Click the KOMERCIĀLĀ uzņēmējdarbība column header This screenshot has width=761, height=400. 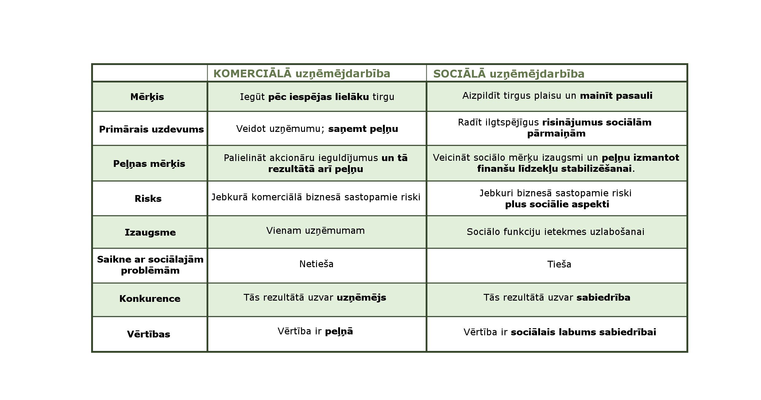(x=302, y=74)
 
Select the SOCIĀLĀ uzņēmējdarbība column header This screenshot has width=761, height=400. (x=508, y=74)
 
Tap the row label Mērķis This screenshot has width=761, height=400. (x=147, y=97)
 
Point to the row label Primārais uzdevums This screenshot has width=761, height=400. (x=151, y=129)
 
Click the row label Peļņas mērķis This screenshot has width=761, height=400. (x=149, y=163)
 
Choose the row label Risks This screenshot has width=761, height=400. (x=148, y=199)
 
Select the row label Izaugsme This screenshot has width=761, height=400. (x=150, y=233)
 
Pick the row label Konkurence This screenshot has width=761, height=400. (x=150, y=299)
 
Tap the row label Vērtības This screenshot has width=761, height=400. (x=149, y=334)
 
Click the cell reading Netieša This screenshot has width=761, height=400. (x=316, y=264)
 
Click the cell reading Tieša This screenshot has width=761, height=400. (x=559, y=264)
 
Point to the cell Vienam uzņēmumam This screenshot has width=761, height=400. (x=315, y=231)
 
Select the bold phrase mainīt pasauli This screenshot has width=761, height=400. (x=616, y=96)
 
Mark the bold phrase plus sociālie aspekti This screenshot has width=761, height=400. (x=557, y=204)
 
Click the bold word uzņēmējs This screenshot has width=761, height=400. (x=361, y=298)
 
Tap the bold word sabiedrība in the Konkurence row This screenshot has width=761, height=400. (x=603, y=298)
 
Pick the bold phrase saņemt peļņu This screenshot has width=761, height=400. (x=363, y=129)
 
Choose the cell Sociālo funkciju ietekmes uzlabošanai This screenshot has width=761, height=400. (x=555, y=232)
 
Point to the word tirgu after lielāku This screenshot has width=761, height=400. (x=383, y=97)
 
